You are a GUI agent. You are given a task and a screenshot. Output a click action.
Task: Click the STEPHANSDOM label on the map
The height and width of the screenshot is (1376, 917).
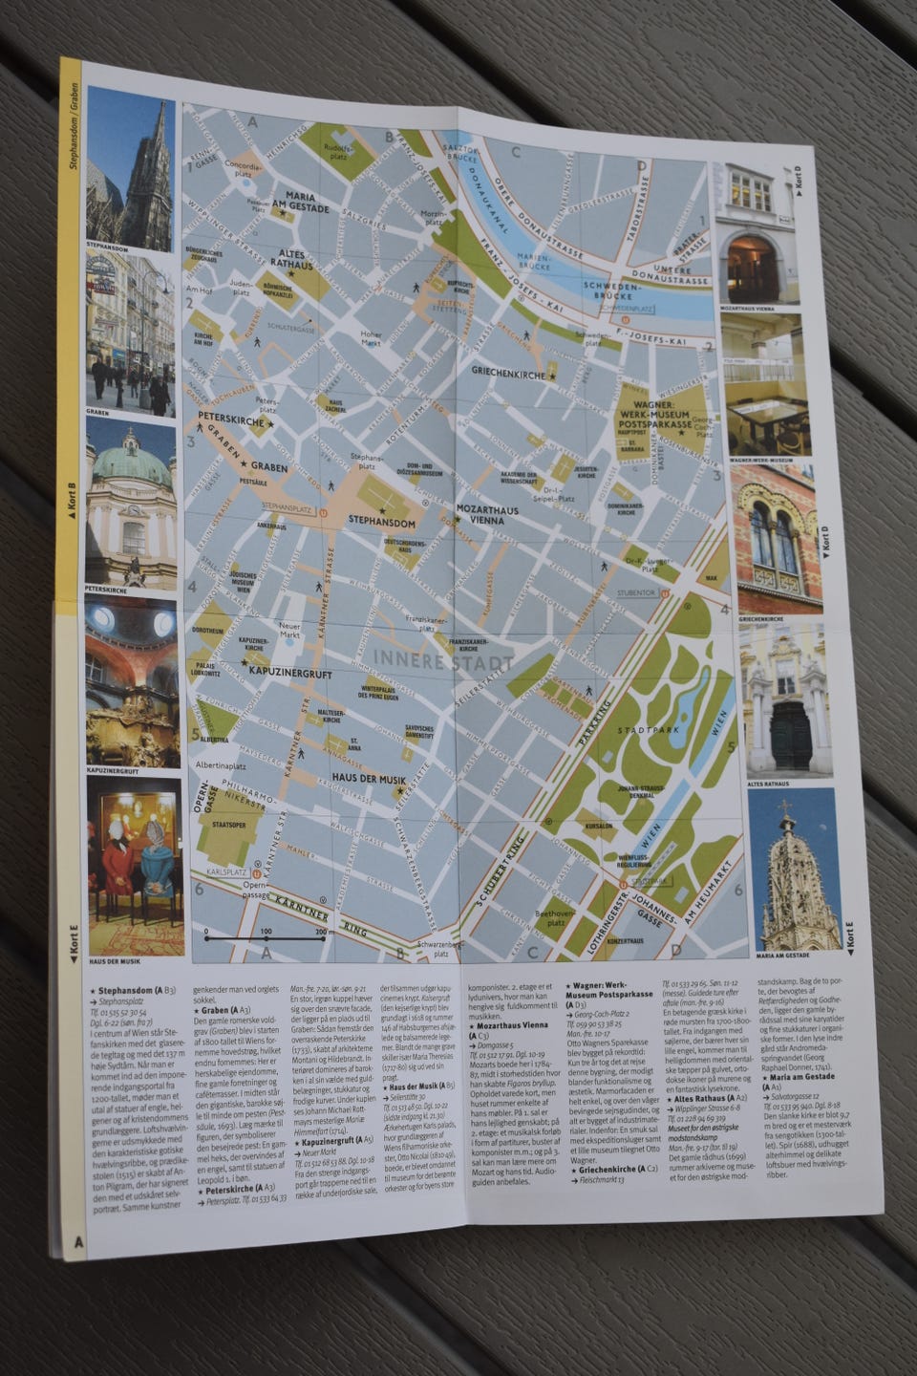382,523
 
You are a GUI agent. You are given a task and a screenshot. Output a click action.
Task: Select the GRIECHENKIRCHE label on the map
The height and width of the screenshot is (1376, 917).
508,376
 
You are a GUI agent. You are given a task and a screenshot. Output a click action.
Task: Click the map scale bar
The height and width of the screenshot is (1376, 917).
267,939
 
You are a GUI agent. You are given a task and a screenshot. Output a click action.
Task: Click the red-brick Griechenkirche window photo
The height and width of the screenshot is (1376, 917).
778,539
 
